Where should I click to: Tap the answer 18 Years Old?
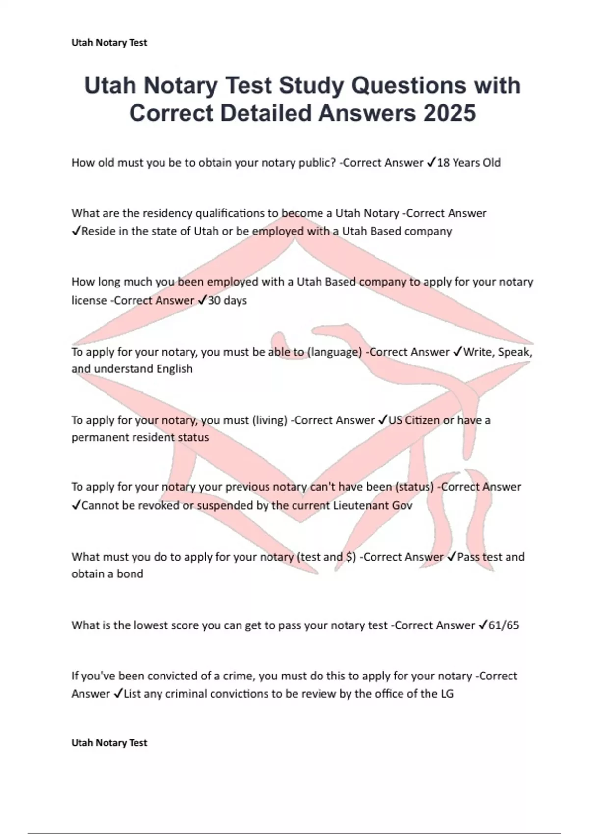tap(469, 163)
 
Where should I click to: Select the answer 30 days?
tap(227, 300)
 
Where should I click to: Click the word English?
tap(174, 369)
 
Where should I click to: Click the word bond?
tap(130, 574)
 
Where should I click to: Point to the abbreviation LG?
tap(447, 694)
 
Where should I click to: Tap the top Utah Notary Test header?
tap(109, 43)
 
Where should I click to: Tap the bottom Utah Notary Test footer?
tap(109, 743)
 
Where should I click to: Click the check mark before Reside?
tap(76, 232)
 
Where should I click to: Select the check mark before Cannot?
tap(76, 506)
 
